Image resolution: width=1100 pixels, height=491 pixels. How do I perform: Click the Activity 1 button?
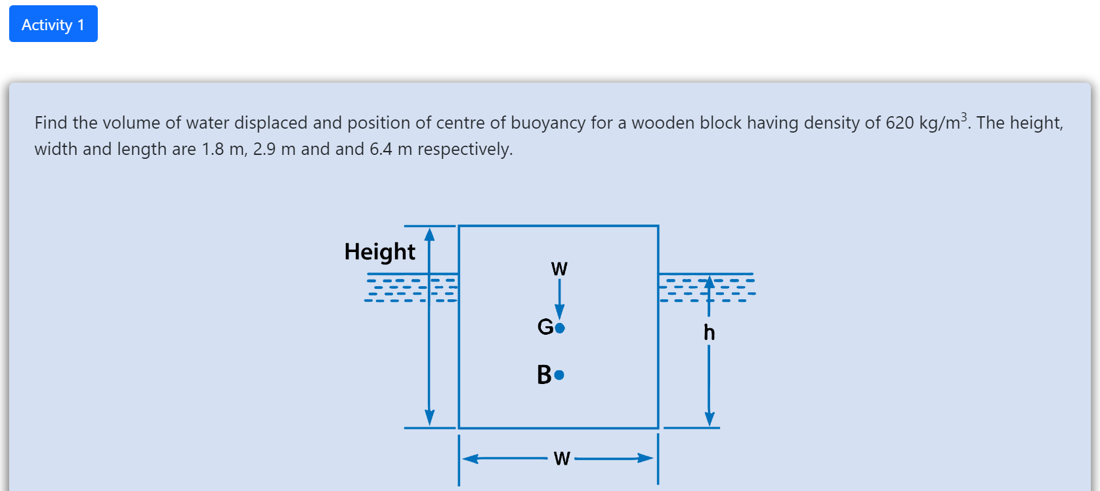pos(53,24)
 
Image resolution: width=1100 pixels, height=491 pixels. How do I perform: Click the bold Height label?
pos(379,252)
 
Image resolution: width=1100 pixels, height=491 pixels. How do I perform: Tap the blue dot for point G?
pos(560,328)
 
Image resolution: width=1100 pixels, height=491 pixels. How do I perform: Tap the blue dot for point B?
pos(559,375)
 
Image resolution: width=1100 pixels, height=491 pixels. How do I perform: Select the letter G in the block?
pos(545,326)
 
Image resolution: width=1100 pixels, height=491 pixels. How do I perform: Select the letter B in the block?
pos(544,375)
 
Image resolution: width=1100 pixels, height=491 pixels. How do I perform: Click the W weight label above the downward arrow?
pos(559,269)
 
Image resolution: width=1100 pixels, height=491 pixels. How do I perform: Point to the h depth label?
pos(709,333)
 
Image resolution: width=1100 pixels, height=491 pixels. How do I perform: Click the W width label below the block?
pos(561,458)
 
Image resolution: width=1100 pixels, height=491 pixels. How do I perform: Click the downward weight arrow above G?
pos(560,299)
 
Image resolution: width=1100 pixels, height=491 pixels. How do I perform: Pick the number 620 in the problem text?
pos(900,123)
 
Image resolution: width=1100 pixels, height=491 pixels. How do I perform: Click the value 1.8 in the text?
pos(213,150)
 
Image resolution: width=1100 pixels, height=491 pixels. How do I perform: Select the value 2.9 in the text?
pos(264,150)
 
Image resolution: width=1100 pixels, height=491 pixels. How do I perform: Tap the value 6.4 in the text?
pos(381,150)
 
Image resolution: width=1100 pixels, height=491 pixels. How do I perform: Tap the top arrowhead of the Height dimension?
pos(429,234)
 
